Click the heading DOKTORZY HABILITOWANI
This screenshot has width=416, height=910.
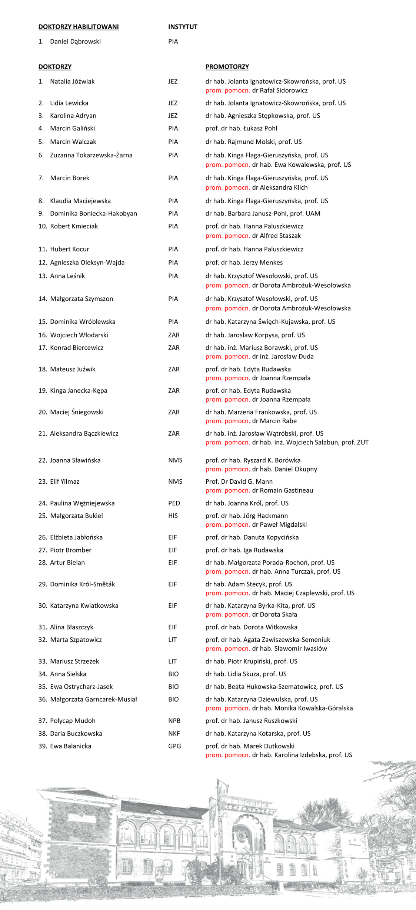79,27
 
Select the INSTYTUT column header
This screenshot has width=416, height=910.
183,27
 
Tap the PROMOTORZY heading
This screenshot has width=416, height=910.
227,67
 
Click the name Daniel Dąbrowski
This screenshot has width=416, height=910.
75,41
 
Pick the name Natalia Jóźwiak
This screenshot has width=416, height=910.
72,81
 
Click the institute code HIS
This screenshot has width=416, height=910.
173,516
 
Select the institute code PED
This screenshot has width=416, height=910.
174,503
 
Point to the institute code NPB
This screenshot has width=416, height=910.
174,721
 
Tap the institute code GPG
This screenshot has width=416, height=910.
174,746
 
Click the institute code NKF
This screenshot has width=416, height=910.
174,733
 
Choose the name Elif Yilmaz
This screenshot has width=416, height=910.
64,481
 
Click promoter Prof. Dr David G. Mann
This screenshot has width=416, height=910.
239,481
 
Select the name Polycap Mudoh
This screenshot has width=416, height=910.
73,721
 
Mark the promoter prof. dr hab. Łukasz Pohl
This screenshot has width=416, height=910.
241,129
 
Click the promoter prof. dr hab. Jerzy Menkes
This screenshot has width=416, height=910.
244,263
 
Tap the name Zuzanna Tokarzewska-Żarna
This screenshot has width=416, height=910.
91,155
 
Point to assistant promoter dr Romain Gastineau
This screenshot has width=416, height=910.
282,490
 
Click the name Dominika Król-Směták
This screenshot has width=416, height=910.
82,584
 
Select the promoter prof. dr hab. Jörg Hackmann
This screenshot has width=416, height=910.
247,516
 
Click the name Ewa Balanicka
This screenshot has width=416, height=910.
70,746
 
